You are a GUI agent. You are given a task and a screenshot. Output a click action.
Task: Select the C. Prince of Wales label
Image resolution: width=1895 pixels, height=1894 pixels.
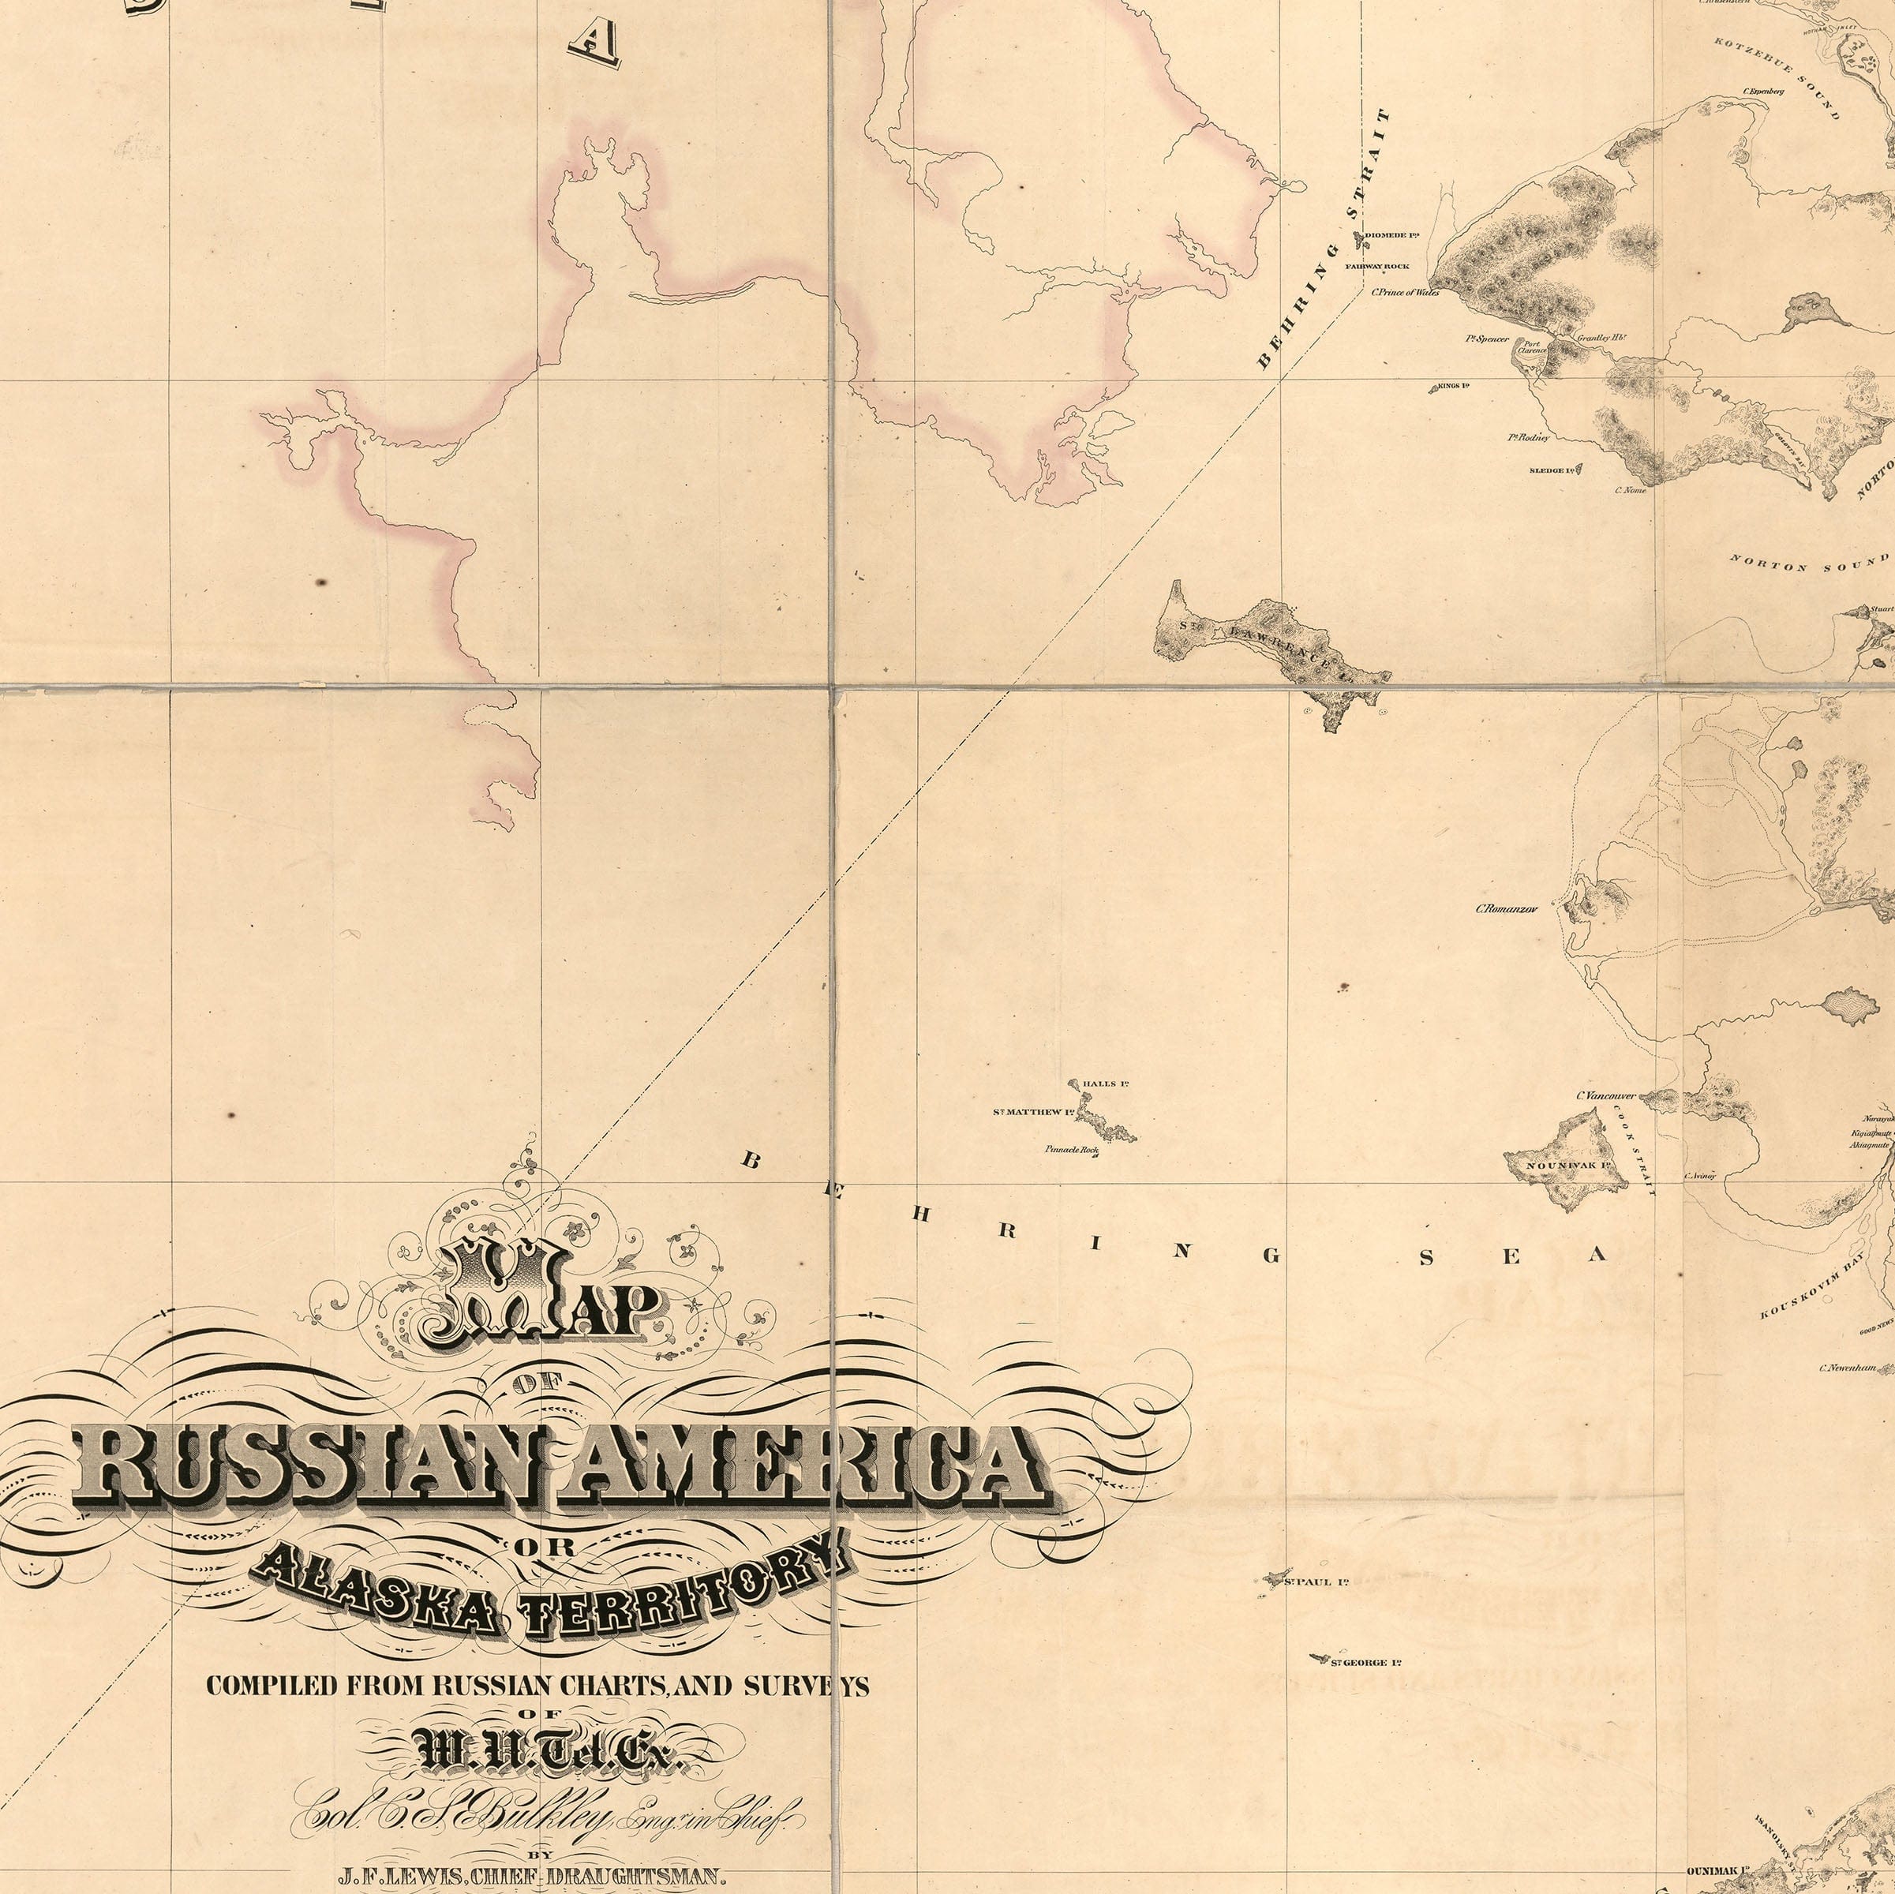coord(1406,292)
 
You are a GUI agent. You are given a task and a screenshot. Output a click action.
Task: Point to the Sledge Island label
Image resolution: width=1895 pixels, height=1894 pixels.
coord(1552,471)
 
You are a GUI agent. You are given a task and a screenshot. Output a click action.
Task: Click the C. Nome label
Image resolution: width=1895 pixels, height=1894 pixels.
coord(1630,489)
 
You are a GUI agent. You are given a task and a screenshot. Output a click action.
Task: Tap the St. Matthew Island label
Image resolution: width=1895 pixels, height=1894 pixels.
coord(1033,1112)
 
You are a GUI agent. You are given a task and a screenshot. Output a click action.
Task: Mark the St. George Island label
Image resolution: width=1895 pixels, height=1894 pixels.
coord(1365,1663)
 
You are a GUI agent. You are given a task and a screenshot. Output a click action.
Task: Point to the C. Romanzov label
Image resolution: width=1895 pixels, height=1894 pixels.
coord(1507,908)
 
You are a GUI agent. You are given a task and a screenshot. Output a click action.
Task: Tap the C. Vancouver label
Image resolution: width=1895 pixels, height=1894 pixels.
coord(1605,1095)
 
